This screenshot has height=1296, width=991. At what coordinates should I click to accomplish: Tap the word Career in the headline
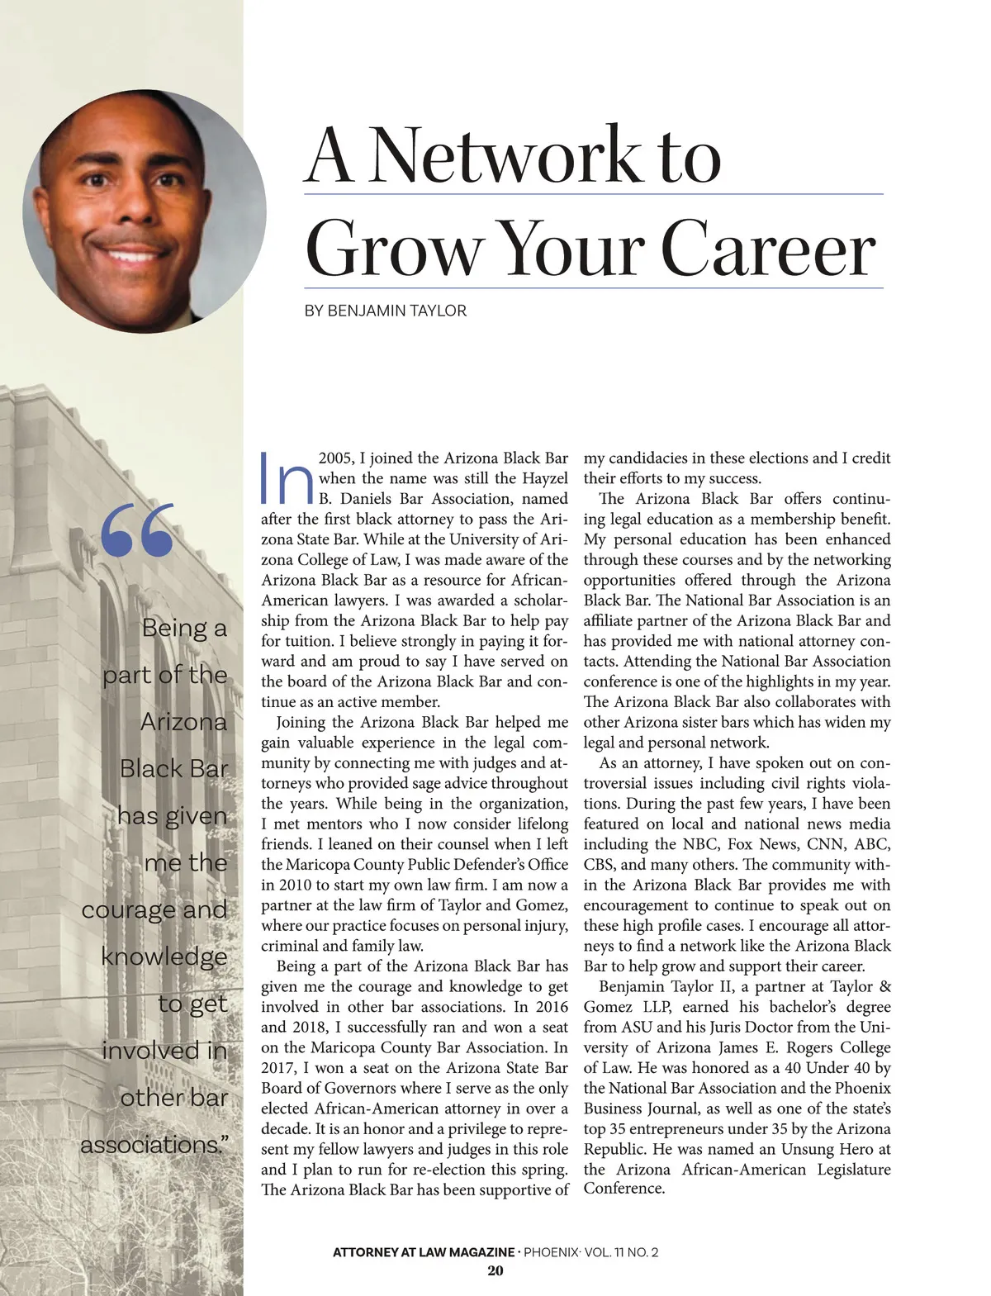pyautogui.click(x=767, y=249)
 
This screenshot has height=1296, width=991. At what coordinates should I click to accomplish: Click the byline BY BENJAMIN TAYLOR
pyautogui.click(x=386, y=311)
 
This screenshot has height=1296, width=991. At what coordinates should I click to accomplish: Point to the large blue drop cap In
pyautogui.click(x=286, y=479)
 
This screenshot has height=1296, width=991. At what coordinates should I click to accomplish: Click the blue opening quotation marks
pyautogui.click(x=138, y=529)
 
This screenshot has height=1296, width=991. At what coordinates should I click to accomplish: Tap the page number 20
pyautogui.click(x=495, y=1270)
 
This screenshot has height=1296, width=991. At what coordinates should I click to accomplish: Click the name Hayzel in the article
pyautogui.click(x=544, y=478)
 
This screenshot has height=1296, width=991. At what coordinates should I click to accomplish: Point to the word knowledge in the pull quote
pyautogui.click(x=164, y=957)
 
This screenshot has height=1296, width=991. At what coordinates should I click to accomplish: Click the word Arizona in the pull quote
pyautogui.click(x=183, y=722)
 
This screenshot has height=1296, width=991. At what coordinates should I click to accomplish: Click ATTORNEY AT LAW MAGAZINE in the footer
pyautogui.click(x=423, y=1252)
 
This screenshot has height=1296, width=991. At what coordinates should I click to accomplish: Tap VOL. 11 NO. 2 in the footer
pyautogui.click(x=621, y=1252)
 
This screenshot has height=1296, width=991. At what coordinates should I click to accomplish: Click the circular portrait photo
pyautogui.click(x=145, y=211)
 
